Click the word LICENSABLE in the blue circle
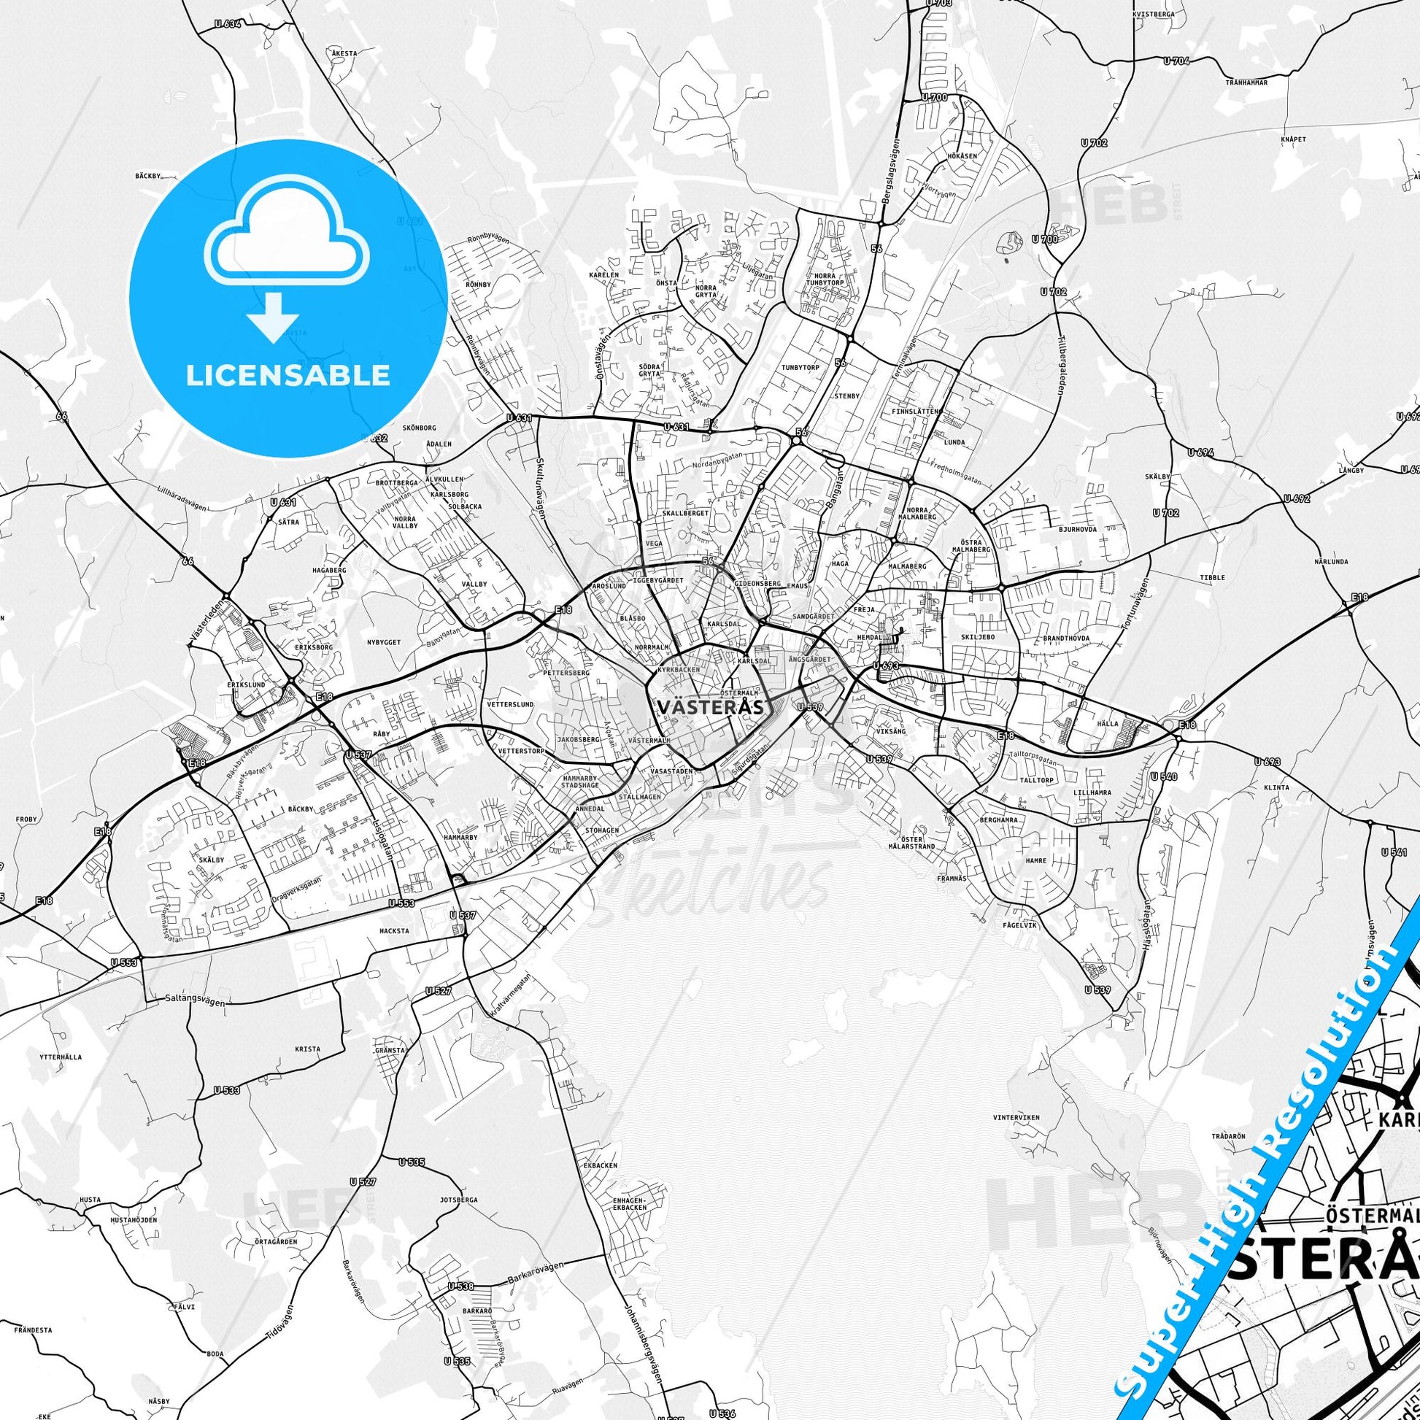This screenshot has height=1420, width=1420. click(x=288, y=376)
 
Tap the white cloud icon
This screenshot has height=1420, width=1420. click(x=288, y=233)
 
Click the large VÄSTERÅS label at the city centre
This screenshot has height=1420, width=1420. click(x=709, y=706)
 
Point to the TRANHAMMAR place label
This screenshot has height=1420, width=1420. click(x=1246, y=83)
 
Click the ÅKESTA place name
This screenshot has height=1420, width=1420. click(x=344, y=54)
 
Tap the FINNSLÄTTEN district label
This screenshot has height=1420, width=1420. click(x=914, y=412)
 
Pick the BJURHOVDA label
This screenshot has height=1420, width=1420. click(x=1078, y=528)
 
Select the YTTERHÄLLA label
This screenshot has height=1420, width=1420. click(x=61, y=1057)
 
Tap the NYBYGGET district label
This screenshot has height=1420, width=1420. click(x=384, y=642)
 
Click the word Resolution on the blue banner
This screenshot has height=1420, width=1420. click(x=1318, y=1055)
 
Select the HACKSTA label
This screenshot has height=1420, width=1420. click(x=395, y=930)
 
